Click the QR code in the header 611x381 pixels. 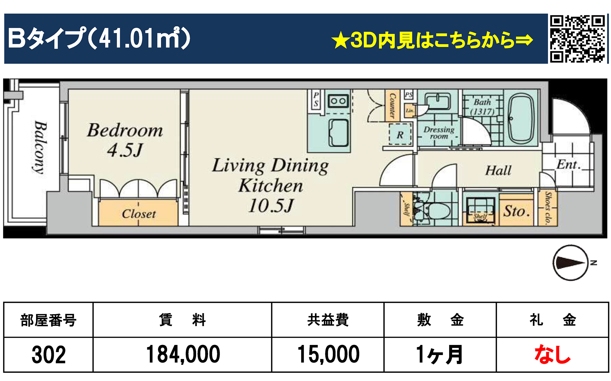[x=577, y=39]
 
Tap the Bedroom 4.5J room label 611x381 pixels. [x=125, y=140]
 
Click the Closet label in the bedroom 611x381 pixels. [x=139, y=214]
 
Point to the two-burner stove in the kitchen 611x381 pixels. [x=338, y=101]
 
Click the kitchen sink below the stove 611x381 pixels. [x=338, y=132]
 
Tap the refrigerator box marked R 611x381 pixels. [x=400, y=135]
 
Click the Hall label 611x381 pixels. [x=498, y=170]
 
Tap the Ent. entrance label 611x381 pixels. [x=568, y=165]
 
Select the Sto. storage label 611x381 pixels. [x=516, y=211]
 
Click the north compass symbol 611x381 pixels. [x=571, y=263]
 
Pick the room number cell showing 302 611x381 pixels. [x=49, y=354]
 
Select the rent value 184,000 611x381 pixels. [x=183, y=354]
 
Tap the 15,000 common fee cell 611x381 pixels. [x=328, y=354]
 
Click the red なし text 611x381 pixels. [x=552, y=354]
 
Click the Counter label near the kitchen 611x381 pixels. [x=392, y=106]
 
